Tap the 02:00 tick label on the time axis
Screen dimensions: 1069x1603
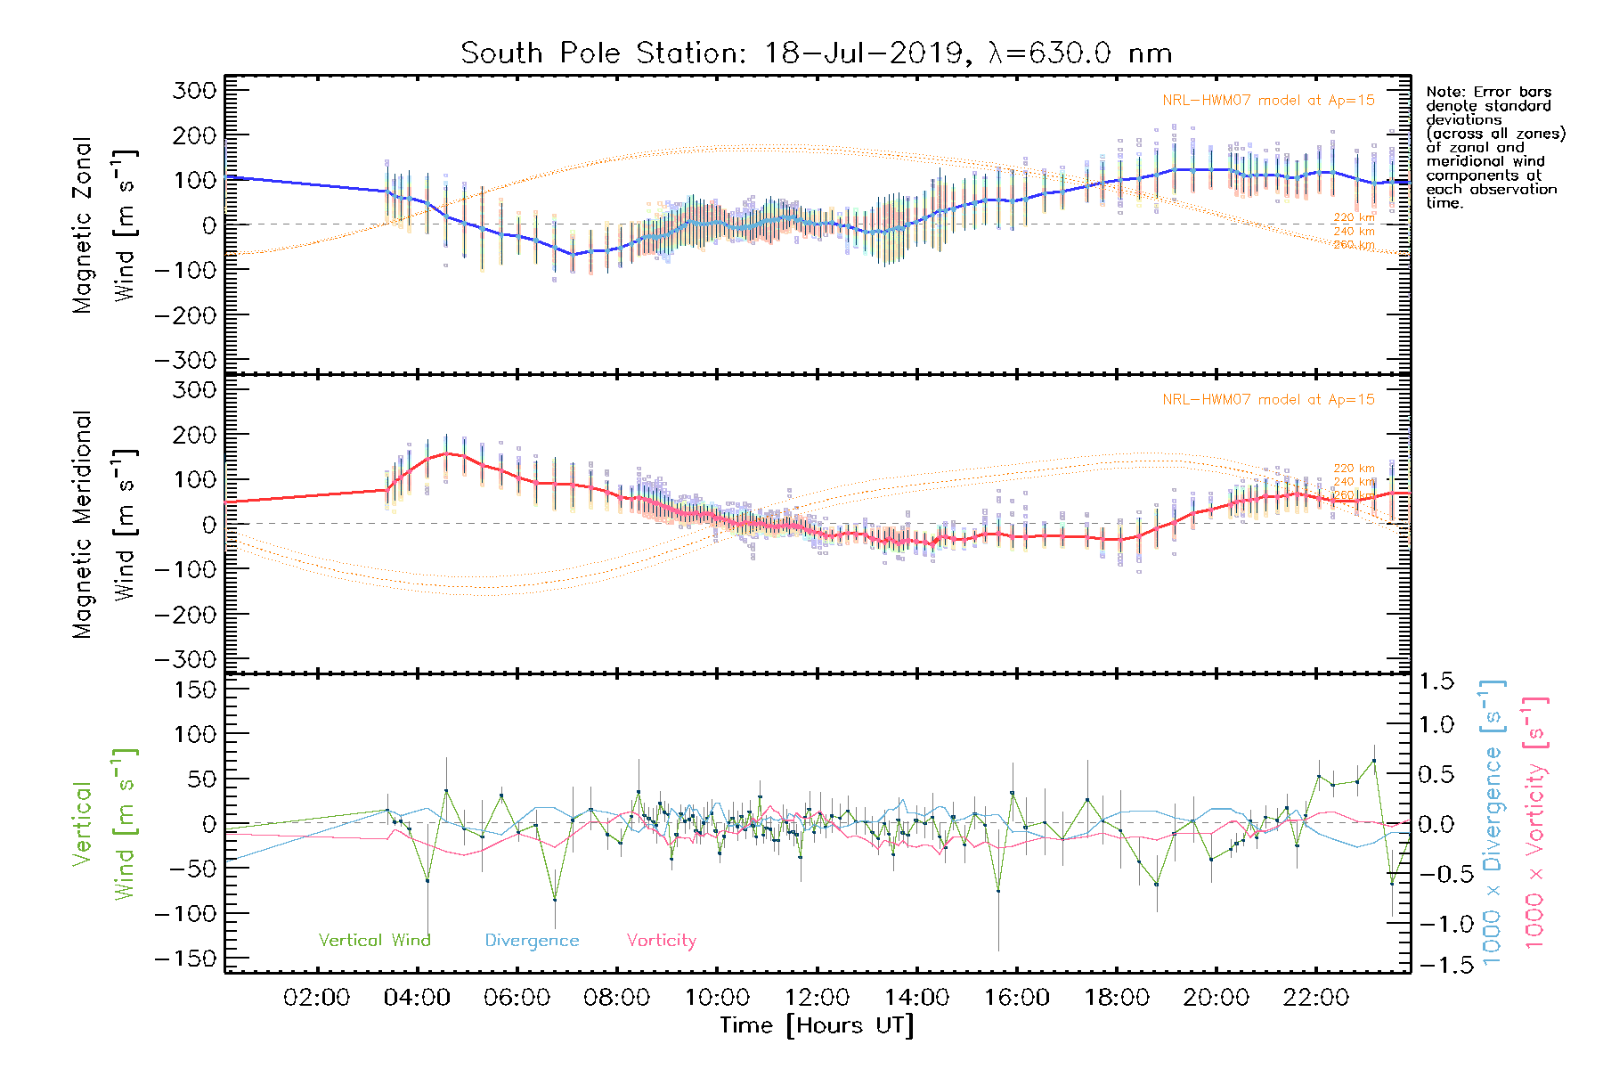pyautogui.click(x=316, y=998)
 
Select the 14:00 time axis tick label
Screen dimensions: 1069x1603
pyautogui.click(x=916, y=998)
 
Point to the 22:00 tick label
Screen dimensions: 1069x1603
pyautogui.click(x=1315, y=998)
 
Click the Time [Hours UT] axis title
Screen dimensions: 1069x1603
pyautogui.click(x=817, y=1025)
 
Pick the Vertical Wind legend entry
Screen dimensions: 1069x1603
pyautogui.click(x=374, y=940)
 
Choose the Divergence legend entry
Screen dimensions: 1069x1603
pyautogui.click(x=532, y=940)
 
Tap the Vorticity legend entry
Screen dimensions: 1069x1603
pyautogui.click(x=661, y=940)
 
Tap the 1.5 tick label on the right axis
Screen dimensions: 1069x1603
pyautogui.click(x=1436, y=681)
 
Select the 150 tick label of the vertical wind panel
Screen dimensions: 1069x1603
pyautogui.click(x=196, y=690)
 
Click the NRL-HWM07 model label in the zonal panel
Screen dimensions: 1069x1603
pyautogui.click(x=1268, y=101)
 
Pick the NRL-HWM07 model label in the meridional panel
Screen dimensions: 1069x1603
pyautogui.click(x=1268, y=400)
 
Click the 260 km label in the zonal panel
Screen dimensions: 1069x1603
pyautogui.click(x=1354, y=245)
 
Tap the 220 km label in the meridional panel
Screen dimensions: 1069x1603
pyautogui.click(x=1354, y=468)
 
